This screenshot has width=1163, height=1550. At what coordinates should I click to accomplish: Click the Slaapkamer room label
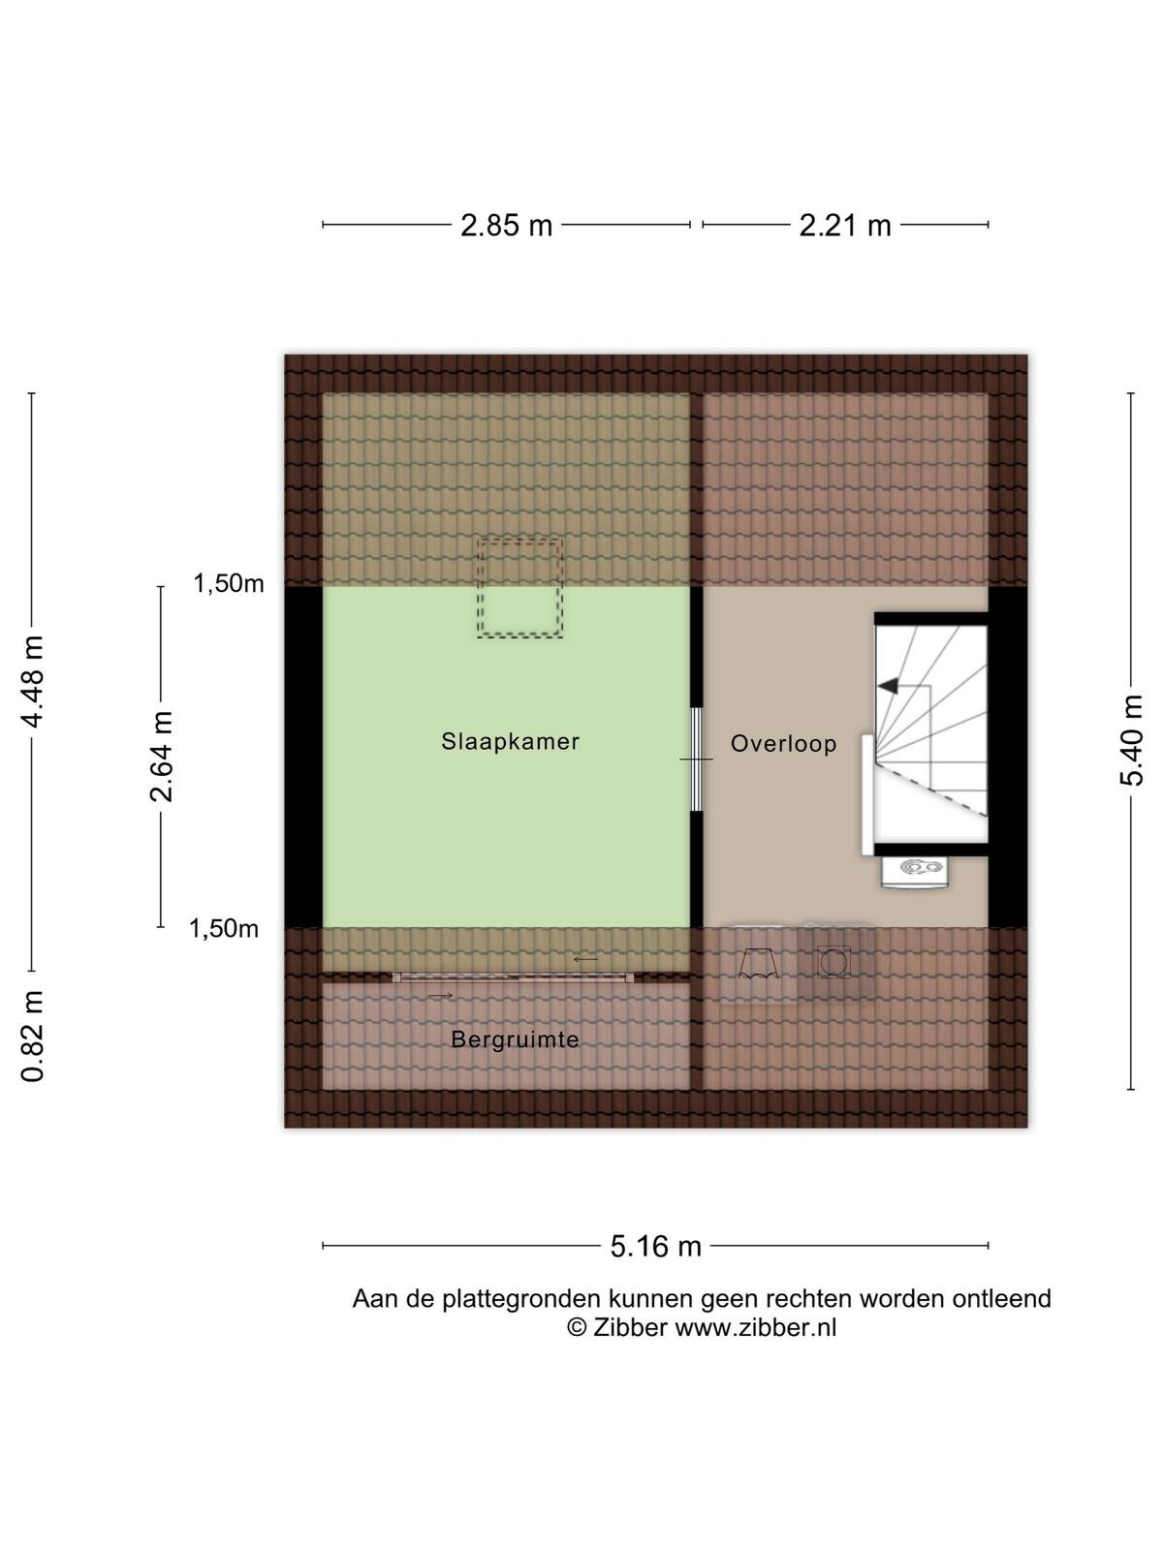click(510, 741)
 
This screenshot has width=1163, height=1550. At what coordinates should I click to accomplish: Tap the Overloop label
click(783, 744)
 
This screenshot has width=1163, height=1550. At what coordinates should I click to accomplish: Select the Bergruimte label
click(515, 1040)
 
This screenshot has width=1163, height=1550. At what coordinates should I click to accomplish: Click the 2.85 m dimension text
click(506, 226)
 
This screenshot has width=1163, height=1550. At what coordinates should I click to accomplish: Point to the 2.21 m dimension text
click(844, 226)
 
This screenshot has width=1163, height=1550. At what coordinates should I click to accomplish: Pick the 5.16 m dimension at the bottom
click(656, 1247)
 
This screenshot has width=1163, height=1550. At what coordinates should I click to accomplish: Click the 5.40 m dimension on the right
click(1131, 741)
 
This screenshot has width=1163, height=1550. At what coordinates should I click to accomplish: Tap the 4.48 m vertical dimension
click(33, 681)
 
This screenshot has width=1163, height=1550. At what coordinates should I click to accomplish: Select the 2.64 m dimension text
click(162, 757)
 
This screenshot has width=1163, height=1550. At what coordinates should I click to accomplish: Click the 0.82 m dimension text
click(33, 1037)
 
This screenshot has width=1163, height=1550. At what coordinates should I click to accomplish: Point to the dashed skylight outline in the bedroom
click(519, 588)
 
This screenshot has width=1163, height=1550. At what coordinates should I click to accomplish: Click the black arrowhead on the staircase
click(888, 685)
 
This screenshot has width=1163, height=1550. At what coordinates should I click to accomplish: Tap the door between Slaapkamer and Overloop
click(697, 759)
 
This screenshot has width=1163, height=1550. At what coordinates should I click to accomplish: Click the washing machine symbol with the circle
click(834, 963)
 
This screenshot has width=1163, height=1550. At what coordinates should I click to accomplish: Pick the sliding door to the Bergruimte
click(514, 978)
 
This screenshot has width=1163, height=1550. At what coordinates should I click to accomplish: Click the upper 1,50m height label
click(229, 584)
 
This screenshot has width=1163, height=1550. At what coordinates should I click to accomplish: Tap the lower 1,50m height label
click(224, 929)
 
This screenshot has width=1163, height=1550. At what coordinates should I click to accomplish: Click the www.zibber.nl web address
click(756, 1328)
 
